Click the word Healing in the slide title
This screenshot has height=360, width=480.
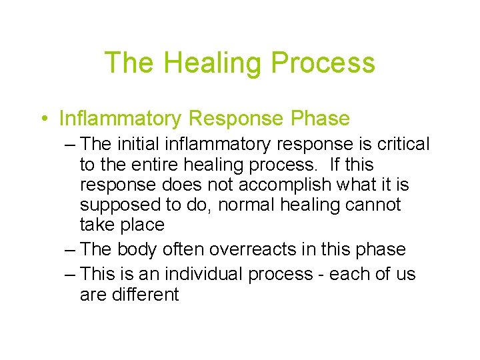coord(211,63)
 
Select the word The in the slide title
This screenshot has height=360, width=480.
coord(129,63)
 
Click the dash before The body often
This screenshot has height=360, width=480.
coord(71,250)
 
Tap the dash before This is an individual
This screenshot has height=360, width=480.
coord(71,275)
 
